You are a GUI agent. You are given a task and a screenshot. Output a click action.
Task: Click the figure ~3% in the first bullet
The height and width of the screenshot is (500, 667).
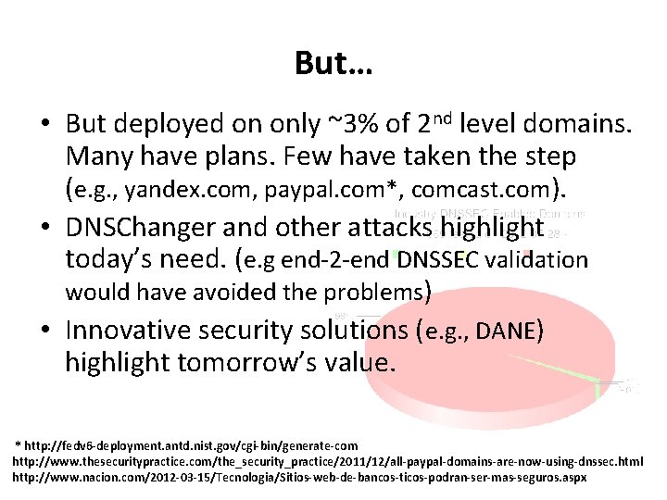tap(346, 124)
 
